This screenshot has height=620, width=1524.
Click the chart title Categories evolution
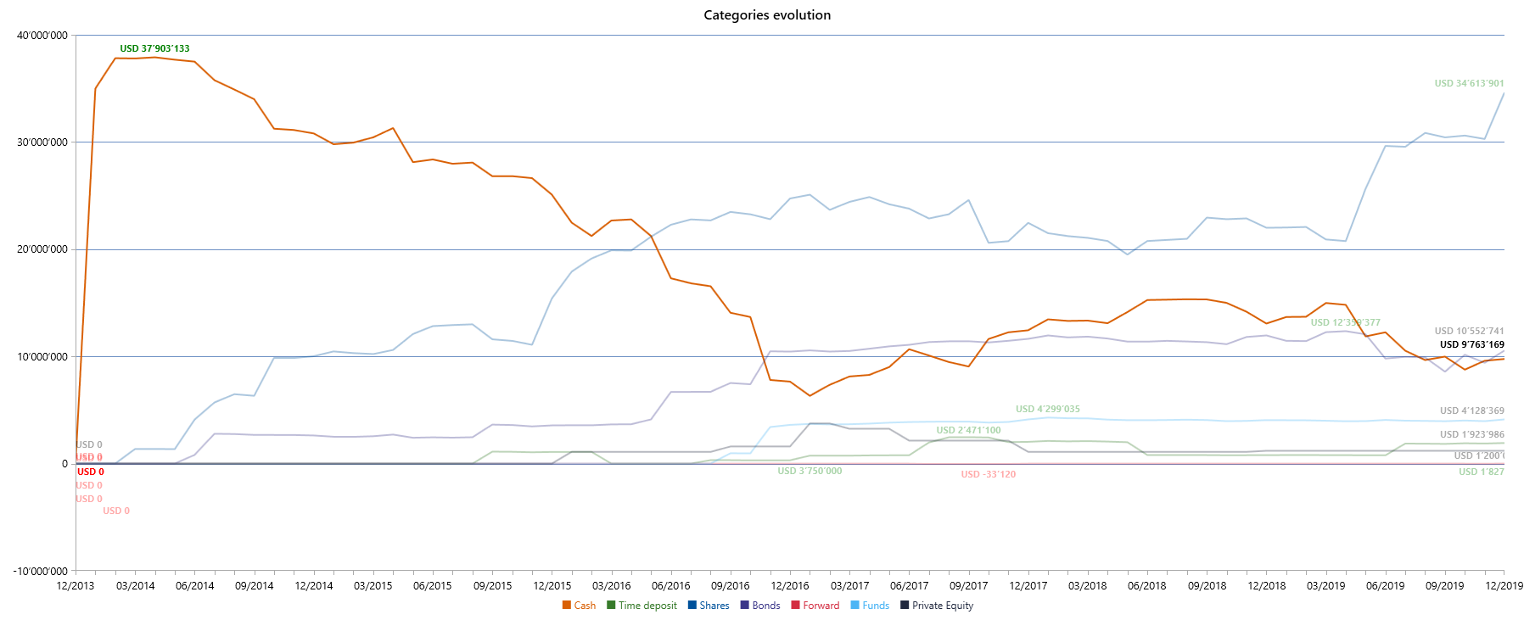[767, 15]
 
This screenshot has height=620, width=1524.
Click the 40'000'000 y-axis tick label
[42, 36]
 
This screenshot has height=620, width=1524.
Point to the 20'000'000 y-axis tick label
[42, 249]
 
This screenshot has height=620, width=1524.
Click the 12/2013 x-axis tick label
[76, 586]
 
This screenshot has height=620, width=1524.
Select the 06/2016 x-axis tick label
[670, 586]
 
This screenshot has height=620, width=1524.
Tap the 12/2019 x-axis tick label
[1504, 586]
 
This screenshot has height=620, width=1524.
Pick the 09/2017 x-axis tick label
[968, 586]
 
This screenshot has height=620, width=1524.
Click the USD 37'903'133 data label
[154, 49]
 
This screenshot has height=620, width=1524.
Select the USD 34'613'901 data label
[1469, 84]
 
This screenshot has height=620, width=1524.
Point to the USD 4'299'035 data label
[1047, 410]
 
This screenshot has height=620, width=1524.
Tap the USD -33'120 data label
[988, 475]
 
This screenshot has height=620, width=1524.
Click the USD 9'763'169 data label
[1471, 345]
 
